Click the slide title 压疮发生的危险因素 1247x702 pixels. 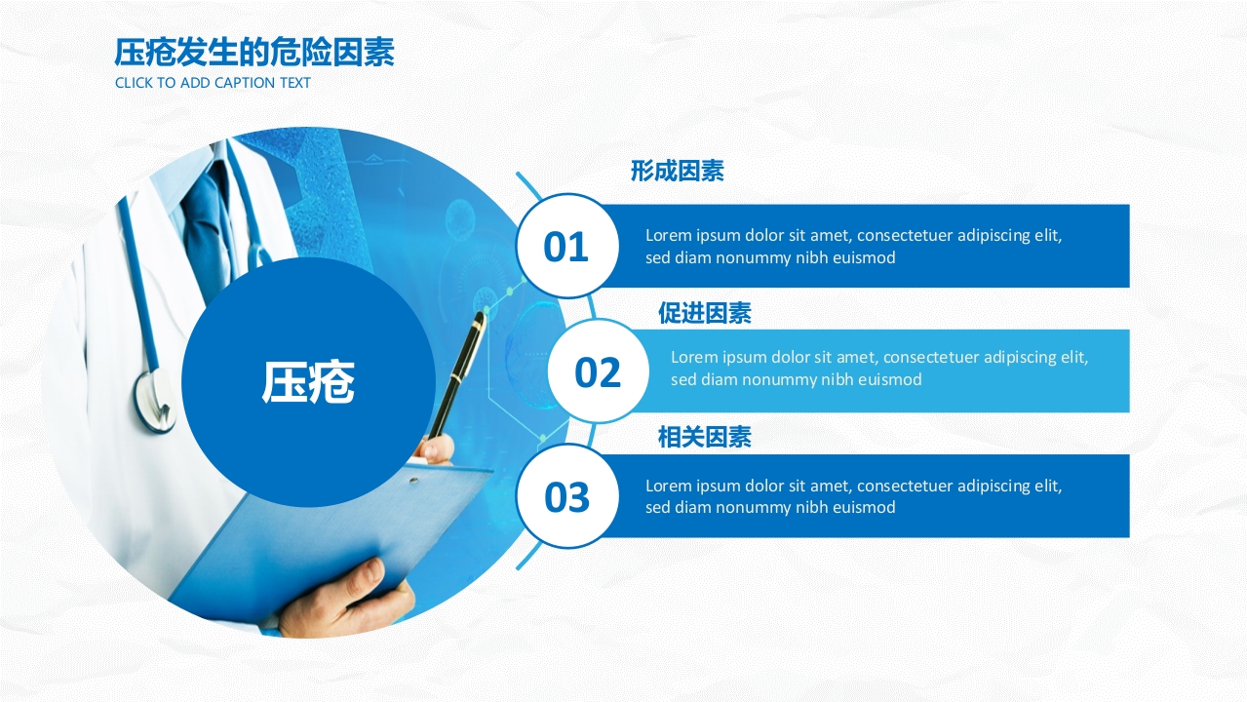click(x=254, y=53)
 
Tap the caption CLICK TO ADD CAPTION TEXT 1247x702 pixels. click(x=213, y=83)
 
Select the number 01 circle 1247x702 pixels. click(x=565, y=247)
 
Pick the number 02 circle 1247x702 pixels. click(x=598, y=371)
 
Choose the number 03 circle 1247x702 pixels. click(x=566, y=497)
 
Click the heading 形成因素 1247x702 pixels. click(x=677, y=172)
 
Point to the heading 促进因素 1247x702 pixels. click(x=704, y=313)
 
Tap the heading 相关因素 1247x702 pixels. click(x=704, y=438)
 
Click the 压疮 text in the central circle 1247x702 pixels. click(x=307, y=382)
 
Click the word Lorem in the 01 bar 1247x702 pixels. click(x=668, y=235)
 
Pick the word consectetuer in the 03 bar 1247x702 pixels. click(x=905, y=486)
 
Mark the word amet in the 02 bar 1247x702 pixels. click(x=855, y=357)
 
